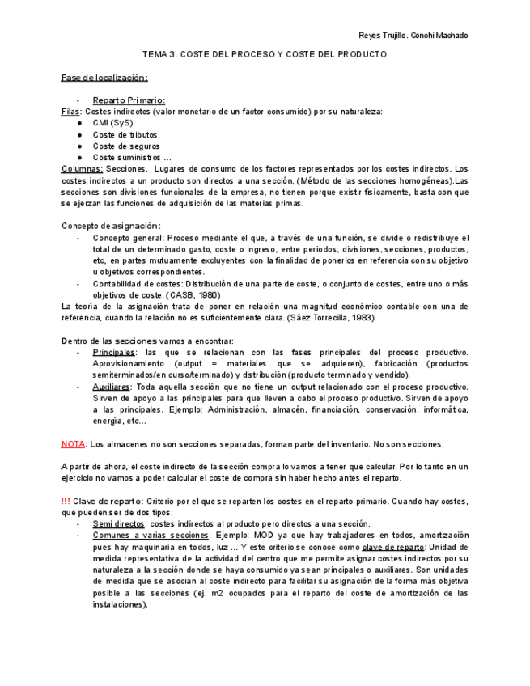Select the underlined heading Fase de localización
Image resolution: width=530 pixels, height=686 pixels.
tap(105, 78)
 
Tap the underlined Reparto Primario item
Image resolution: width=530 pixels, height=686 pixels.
tap(129, 100)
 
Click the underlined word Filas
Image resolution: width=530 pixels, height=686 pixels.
tap(71, 112)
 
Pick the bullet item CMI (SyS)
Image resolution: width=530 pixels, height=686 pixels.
tap(112, 123)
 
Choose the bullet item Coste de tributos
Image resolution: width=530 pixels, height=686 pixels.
tap(125, 135)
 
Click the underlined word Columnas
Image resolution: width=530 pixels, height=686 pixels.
tap(82, 169)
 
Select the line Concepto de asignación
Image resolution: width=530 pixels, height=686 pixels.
tap(111, 226)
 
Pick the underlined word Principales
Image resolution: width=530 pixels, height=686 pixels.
tap(114, 353)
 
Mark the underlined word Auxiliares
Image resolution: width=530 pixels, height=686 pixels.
tap(112, 387)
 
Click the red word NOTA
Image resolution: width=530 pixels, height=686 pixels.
tap(74, 444)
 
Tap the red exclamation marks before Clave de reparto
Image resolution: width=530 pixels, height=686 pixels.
tap(66, 502)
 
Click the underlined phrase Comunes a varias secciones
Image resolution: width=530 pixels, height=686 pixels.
tap(150, 536)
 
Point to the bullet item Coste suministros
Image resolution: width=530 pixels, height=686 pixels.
tap(132, 158)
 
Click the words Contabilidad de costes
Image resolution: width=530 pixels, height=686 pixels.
tap(137, 284)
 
